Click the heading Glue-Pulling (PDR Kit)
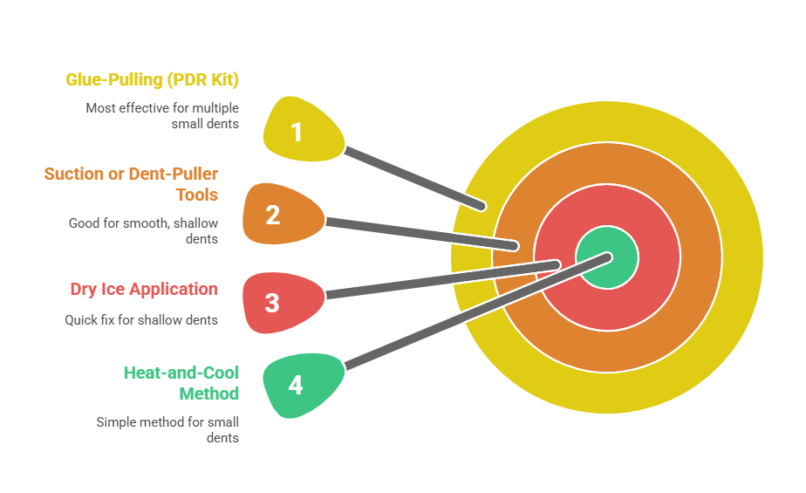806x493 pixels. click(153, 79)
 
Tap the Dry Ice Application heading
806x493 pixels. click(144, 289)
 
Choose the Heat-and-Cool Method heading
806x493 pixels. click(181, 382)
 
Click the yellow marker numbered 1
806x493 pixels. click(299, 132)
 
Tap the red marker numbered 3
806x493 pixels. click(275, 302)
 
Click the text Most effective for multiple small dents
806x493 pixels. click(162, 116)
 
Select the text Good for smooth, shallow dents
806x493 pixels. click(143, 230)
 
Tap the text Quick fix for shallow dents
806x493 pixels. click(141, 320)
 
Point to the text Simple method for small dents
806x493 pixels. click(167, 429)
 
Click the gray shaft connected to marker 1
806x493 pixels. click(414, 179)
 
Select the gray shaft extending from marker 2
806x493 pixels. click(419, 230)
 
